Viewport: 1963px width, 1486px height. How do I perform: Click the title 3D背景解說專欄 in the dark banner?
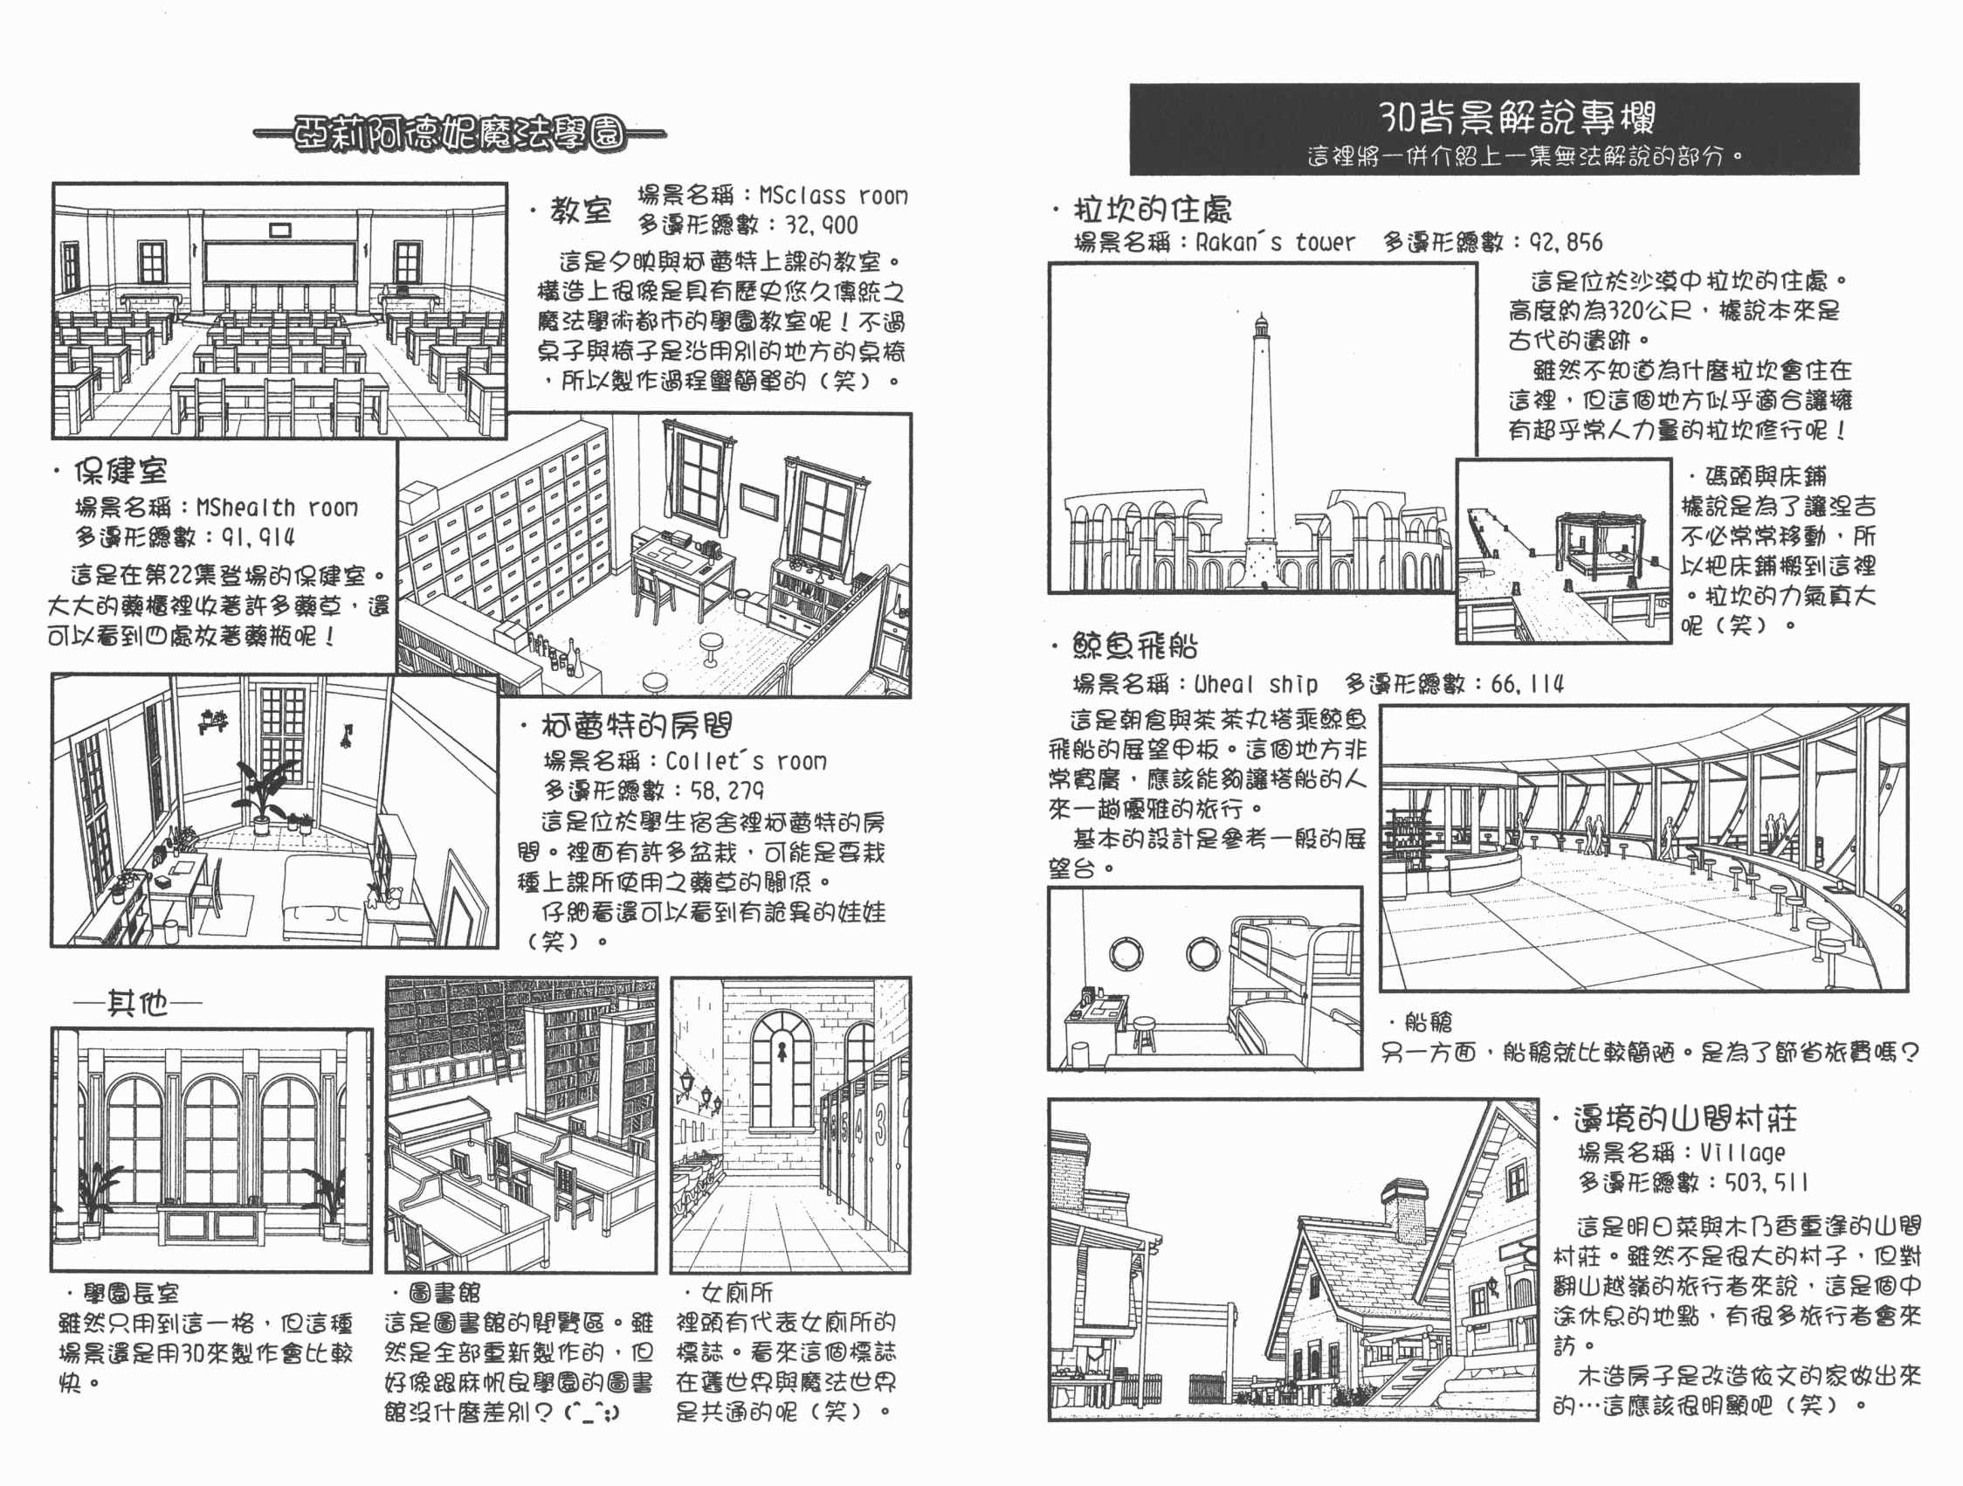[x=1517, y=115]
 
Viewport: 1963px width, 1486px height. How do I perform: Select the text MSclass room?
[x=833, y=196]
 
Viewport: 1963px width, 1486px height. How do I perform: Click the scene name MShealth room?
[x=277, y=507]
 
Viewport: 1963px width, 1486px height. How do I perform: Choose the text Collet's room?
[x=746, y=761]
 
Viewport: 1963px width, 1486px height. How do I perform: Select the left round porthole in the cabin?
[x=1126, y=954]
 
